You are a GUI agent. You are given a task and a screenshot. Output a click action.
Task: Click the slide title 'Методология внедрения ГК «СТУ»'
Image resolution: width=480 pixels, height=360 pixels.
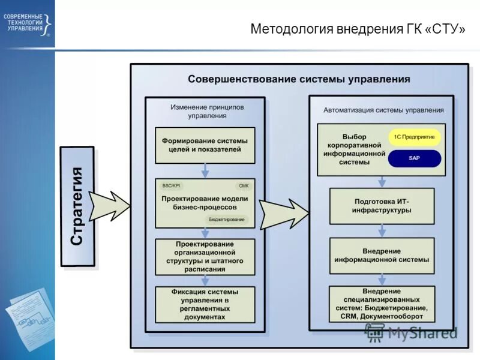click(x=357, y=29)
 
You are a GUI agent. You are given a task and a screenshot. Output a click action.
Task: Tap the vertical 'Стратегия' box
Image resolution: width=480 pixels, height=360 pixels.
click(x=77, y=206)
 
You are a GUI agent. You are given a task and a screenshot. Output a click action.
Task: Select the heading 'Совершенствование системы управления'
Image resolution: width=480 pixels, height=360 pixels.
click(x=299, y=79)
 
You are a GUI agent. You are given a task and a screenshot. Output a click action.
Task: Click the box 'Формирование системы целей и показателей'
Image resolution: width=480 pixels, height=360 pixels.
click(x=205, y=145)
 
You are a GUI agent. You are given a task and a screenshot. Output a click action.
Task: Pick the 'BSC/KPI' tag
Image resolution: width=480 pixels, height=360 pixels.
click(x=171, y=186)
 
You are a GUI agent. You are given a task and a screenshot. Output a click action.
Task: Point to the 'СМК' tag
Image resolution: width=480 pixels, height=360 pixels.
click(x=243, y=186)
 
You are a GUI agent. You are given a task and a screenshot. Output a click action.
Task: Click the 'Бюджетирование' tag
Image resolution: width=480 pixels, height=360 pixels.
click(x=226, y=220)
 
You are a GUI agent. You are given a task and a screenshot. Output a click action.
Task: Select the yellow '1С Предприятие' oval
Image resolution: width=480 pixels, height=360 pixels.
click(x=414, y=137)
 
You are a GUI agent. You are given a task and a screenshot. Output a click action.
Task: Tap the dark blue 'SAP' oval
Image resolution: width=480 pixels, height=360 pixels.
click(x=414, y=158)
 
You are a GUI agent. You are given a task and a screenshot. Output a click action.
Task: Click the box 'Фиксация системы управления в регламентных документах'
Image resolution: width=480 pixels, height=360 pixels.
click(x=205, y=304)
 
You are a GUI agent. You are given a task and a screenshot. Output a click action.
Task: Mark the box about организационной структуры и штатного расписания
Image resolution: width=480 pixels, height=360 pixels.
click(x=205, y=257)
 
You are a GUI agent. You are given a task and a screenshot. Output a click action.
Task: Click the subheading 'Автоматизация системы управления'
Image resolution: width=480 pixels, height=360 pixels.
click(x=383, y=110)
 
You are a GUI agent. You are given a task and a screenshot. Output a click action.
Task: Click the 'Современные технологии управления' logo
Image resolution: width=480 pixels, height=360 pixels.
click(x=27, y=22)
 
